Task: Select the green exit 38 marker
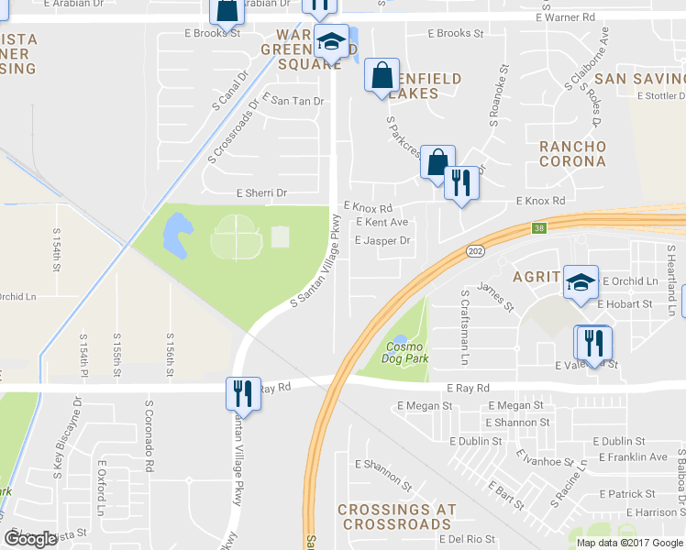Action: click(x=540, y=227)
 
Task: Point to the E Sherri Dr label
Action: click(x=261, y=193)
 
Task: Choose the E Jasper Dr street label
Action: click(x=382, y=240)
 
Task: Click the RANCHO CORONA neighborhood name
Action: click(x=572, y=153)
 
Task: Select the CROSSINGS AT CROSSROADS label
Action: click(x=394, y=516)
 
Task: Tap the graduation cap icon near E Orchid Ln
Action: click(x=580, y=280)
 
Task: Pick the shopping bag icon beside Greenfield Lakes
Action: click(x=381, y=76)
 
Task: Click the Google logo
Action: click(x=31, y=539)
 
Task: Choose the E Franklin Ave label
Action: click(x=633, y=456)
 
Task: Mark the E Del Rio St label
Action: click(x=467, y=539)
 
